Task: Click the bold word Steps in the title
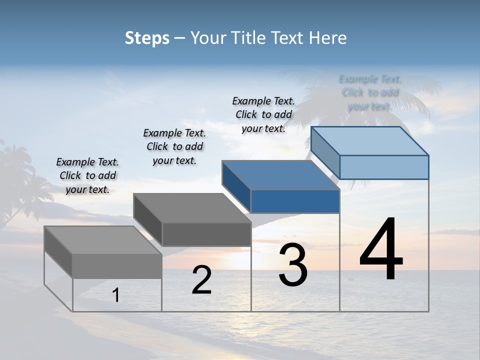coord(147,38)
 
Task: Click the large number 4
coord(381,250)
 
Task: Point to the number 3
coord(293,265)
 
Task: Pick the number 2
coord(201,280)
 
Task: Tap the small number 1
coord(116,295)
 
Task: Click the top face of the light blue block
coord(370,140)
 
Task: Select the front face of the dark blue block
coord(295,201)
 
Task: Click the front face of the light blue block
coord(384,167)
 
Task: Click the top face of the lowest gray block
coord(103,240)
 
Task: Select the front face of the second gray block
coord(206,234)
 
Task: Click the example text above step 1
coord(87,175)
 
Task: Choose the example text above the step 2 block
coord(174,146)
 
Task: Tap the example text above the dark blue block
coord(263,114)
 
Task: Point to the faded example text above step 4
coord(370,92)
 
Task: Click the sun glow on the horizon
coord(270,257)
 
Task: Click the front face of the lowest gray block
coord(117,266)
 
